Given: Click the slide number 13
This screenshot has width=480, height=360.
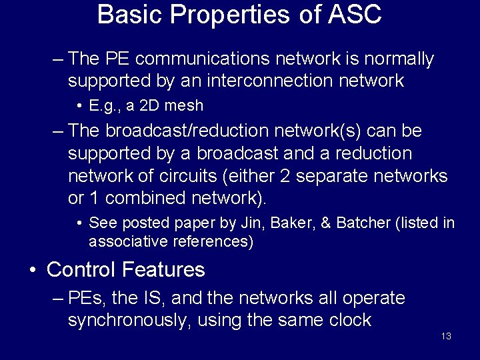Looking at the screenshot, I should coord(446,336).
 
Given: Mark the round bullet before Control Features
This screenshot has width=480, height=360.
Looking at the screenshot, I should coord(32,271).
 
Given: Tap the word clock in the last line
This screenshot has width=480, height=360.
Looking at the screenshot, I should coord(349,320).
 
